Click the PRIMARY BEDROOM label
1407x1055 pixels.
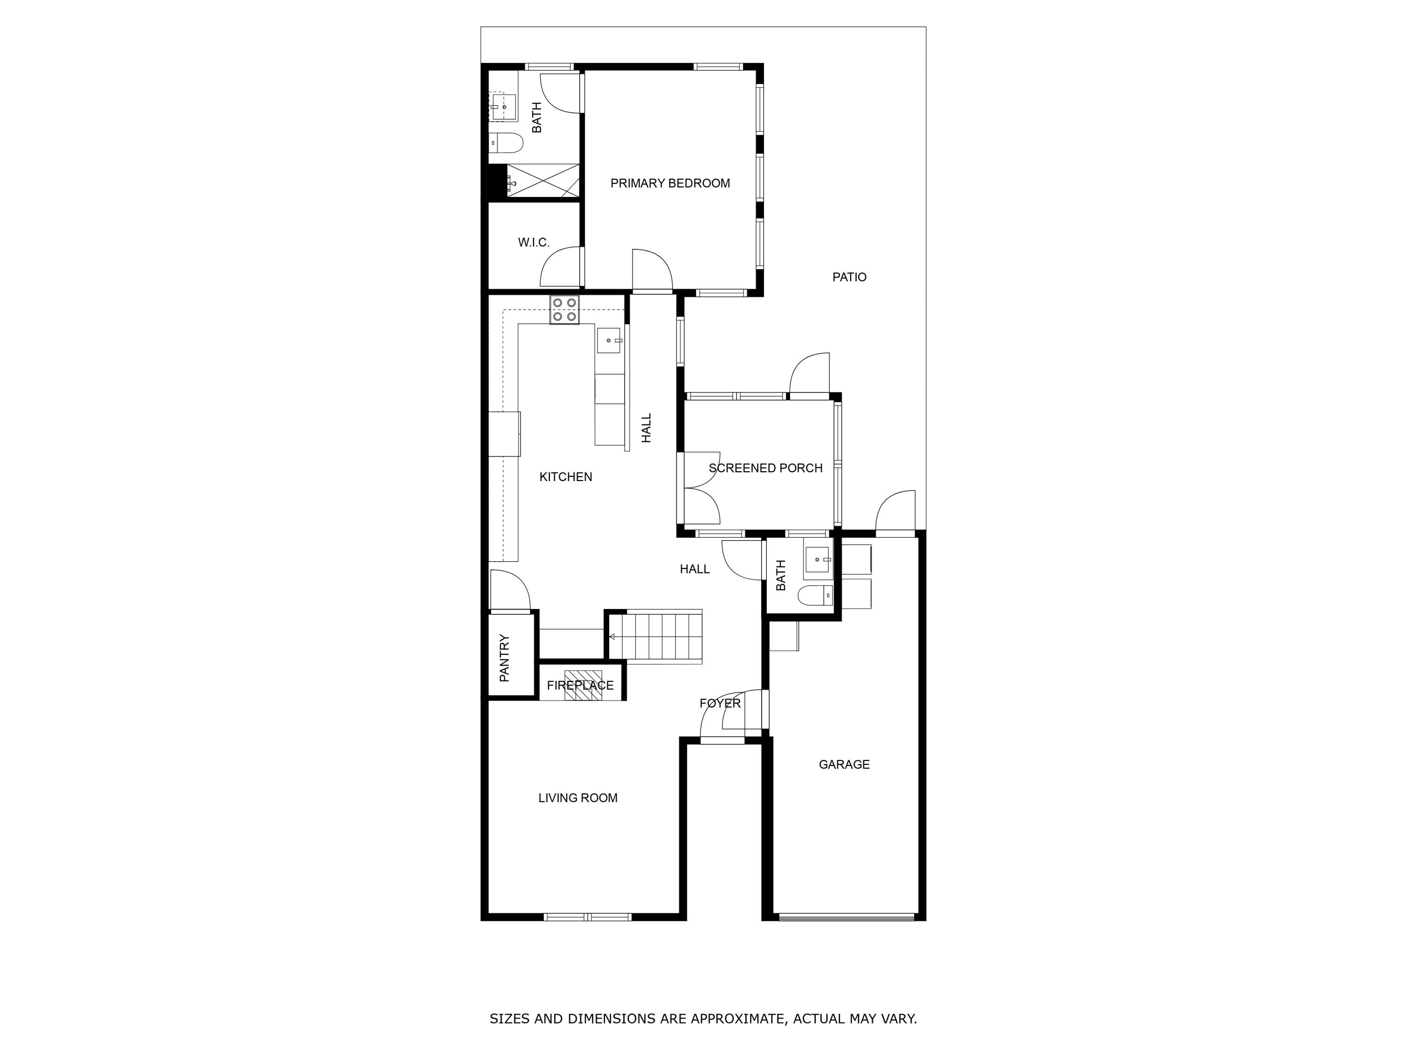tap(670, 184)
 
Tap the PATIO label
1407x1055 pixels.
tap(849, 277)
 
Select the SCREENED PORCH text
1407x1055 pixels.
tap(765, 468)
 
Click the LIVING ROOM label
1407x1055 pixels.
tap(577, 798)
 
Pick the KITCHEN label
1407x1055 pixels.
tap(566, 477)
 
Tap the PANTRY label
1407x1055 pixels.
tap(504, 657)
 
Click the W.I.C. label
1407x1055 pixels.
tap(534, 243)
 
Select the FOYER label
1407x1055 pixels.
tap(719, 703)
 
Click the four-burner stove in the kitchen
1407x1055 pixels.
tap(565, 309)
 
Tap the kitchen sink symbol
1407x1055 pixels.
tap(609, 341)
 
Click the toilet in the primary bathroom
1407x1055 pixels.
tap(507, 143)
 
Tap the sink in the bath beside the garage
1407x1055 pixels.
tap(817, 559)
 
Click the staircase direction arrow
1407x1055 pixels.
tap(612, 637)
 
